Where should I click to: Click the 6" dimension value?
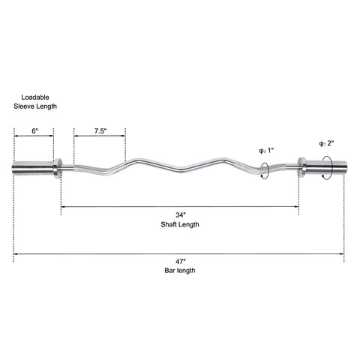35,130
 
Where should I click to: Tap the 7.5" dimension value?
100,130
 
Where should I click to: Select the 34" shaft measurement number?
181,214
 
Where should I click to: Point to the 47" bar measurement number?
181,262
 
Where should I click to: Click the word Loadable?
35,97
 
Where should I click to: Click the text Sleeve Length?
35,106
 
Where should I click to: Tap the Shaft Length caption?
180,224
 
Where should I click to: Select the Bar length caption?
180,270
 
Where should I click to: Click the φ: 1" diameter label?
266,151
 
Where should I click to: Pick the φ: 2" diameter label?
326,143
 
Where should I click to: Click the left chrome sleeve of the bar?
33,168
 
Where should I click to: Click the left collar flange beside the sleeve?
58,168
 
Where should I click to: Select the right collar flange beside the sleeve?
301,167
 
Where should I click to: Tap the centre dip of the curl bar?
181,169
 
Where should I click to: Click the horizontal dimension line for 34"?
180,207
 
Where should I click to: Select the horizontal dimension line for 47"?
179,254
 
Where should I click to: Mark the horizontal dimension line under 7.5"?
100,136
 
